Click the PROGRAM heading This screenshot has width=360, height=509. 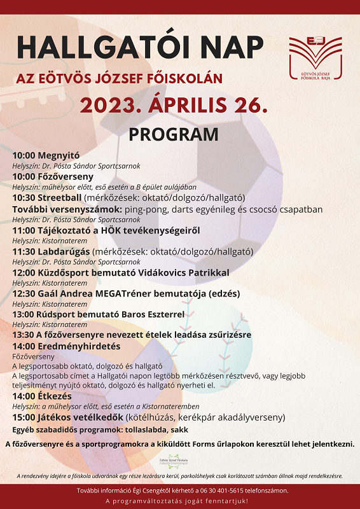tap(173, 135)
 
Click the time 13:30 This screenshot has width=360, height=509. tap(24, 335)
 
